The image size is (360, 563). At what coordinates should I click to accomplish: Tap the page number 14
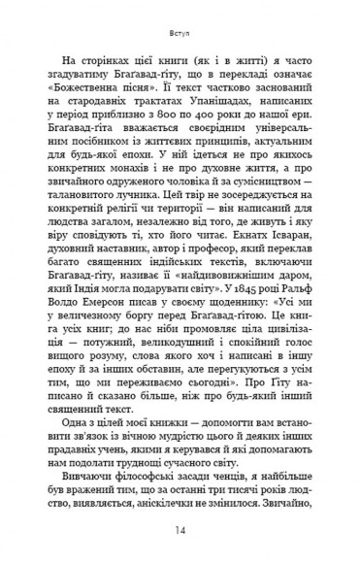point(180,530)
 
